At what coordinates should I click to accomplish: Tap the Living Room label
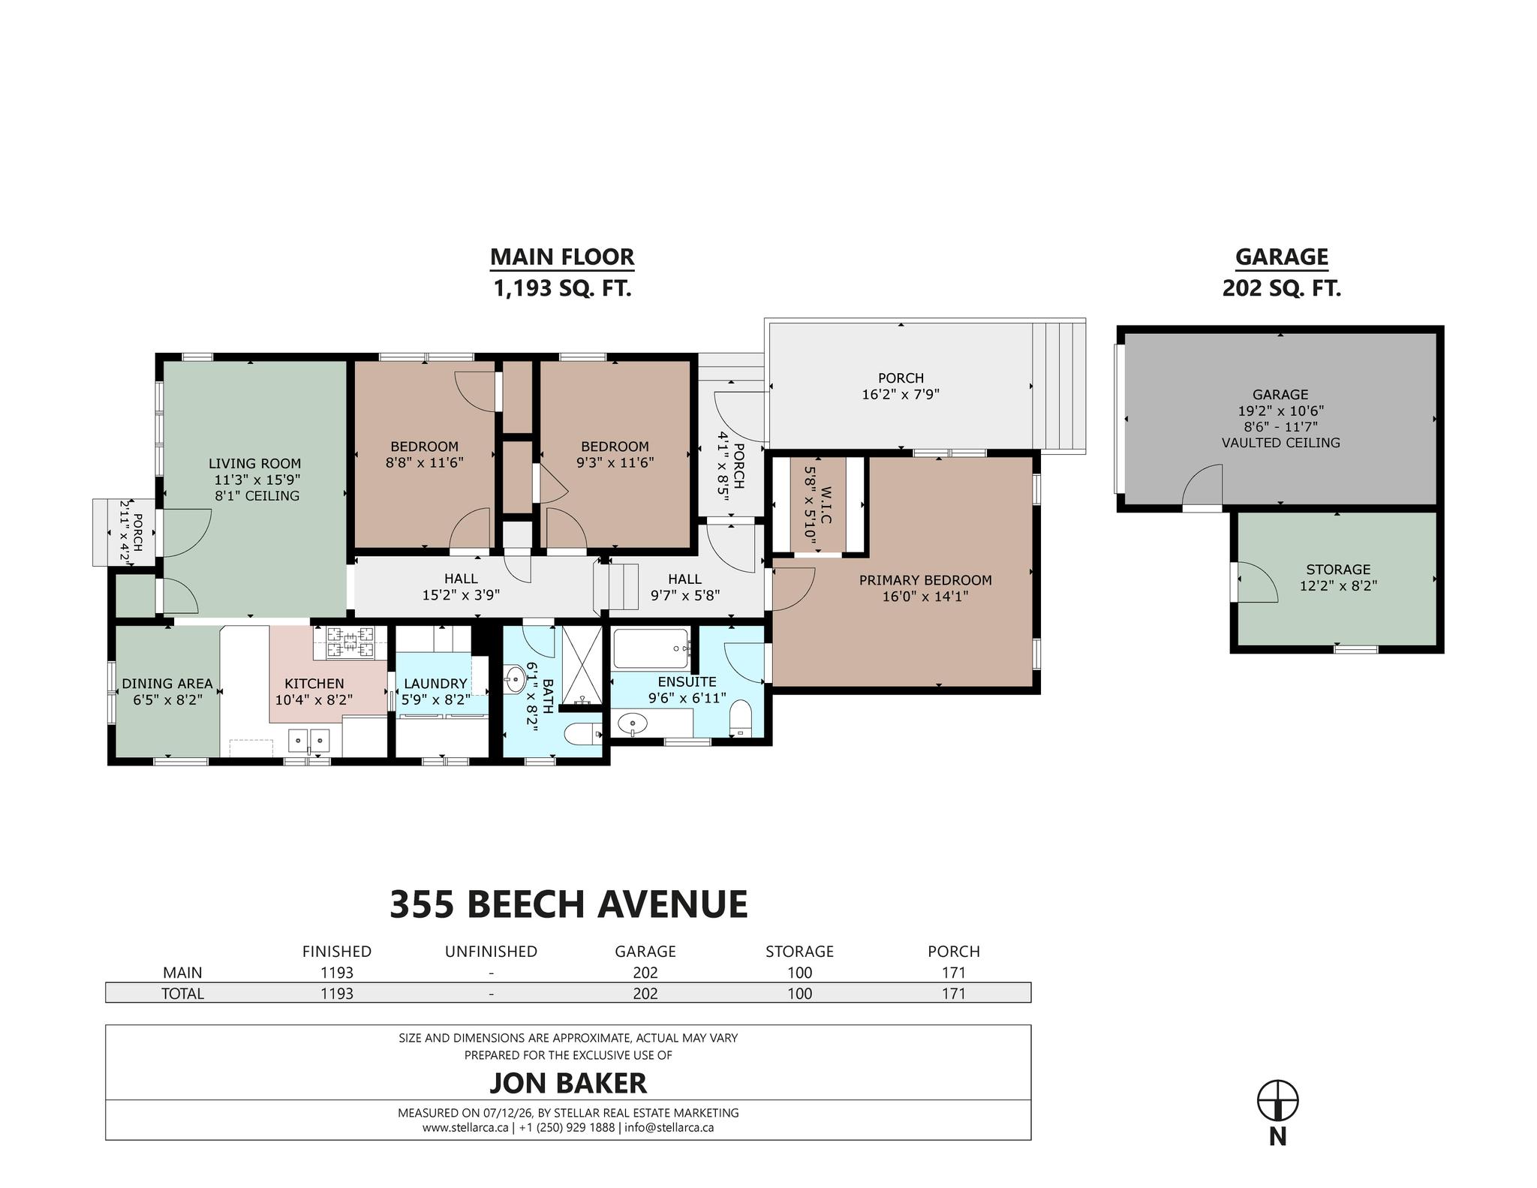point(254,464)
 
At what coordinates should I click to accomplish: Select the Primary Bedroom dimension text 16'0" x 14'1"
point(925,597)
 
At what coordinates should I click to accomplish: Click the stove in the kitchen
point(349,643)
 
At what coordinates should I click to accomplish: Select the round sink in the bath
point(515,681)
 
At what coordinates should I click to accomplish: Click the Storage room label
point(1338,570)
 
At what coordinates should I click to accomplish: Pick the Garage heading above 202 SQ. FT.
point(1282,257)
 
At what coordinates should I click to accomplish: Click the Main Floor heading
point(562,257)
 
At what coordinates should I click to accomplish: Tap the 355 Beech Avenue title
point(569,904)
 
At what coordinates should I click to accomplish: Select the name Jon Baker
point(568,1083)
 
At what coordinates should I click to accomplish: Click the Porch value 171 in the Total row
point(954,994)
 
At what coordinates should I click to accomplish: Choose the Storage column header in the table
point(799,952)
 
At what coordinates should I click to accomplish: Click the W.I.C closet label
point(826,506)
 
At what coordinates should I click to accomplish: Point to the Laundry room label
point(435,684)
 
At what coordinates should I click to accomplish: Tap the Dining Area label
point(167,684)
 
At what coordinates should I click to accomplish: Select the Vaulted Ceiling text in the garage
point(1280,443)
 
